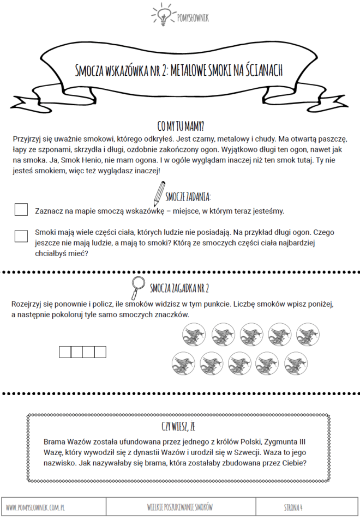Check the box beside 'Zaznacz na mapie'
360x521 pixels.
(x=21, y=210)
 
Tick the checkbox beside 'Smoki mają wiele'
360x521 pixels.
(x=21, y=236)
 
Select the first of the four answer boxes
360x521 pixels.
(x=65, y=352)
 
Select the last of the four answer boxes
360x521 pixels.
(x=100, y=352)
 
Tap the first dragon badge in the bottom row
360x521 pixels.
(x=183, y=363)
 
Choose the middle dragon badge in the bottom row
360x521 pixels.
(x=239, y=363)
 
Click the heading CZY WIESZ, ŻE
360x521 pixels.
(x=179, y=425)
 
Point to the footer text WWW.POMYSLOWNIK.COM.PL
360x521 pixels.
(x=36, y=507)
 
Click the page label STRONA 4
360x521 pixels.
(x=293, y=507)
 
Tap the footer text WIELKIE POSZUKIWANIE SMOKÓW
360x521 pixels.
(x=179, y=507)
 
